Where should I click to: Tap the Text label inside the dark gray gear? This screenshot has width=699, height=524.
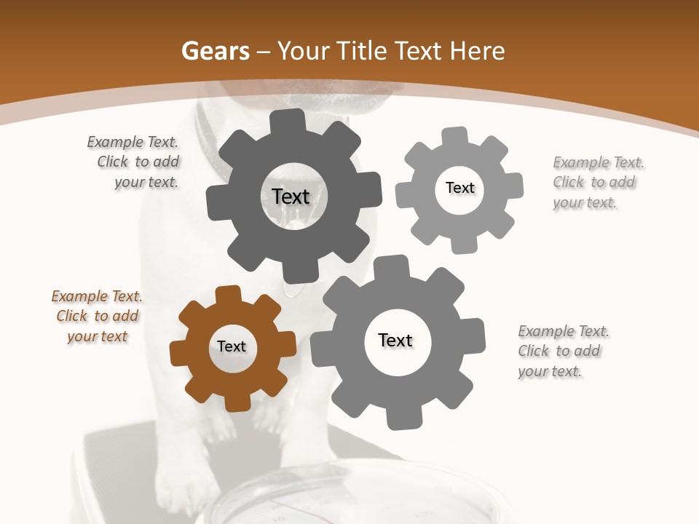coord(291,196)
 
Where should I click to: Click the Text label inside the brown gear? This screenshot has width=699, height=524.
coord(232,346)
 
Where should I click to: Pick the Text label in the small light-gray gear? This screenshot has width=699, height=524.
coord(459,188)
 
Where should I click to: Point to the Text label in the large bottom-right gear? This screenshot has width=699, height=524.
coord(395,340)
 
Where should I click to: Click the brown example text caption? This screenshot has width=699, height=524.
coord(97,317)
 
